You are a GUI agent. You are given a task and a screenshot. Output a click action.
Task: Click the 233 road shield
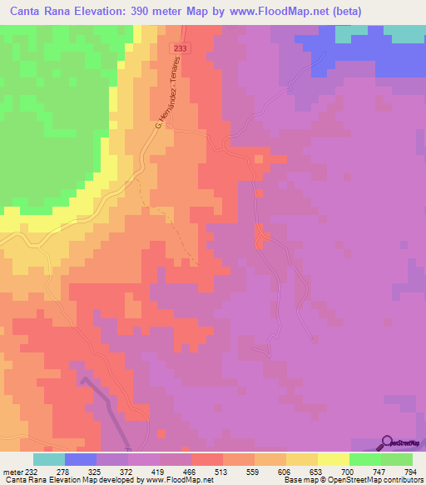[181, 49]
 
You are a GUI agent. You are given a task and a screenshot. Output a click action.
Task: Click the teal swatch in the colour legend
[49, 459]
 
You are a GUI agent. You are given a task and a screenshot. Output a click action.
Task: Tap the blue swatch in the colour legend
[81, 459]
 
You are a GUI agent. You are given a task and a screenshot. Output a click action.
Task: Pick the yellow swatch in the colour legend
[334, 459]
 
